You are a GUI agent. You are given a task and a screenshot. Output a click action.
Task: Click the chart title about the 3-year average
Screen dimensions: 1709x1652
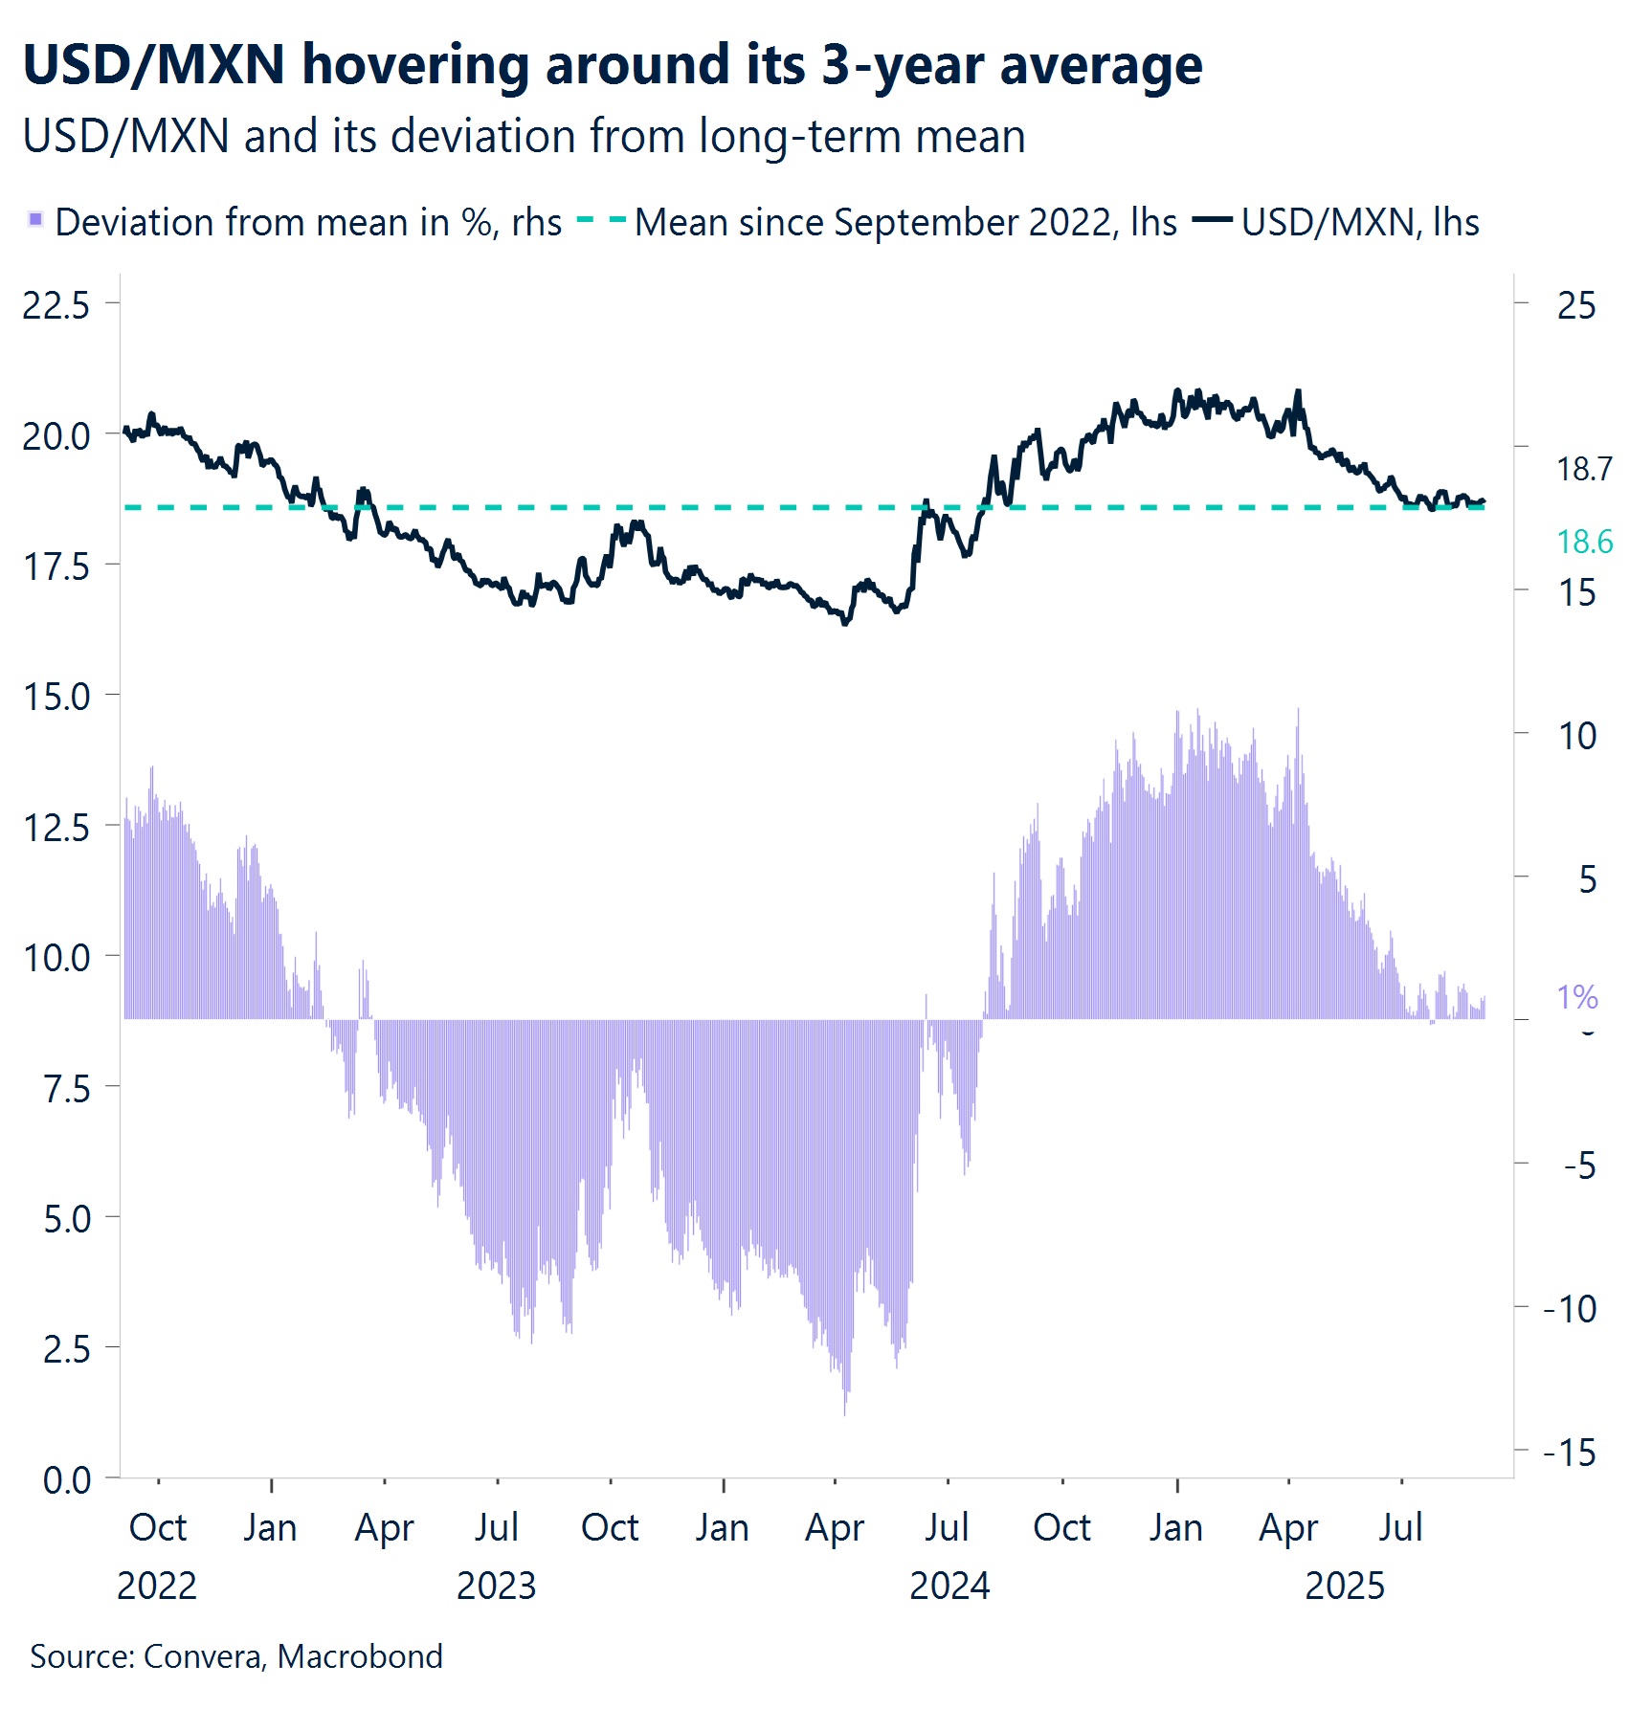[x=613, y=65]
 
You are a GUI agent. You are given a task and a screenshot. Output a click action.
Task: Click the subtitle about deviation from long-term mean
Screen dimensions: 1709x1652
[x=524, y=136]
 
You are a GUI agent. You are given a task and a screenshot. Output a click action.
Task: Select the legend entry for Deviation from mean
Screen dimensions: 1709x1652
[x=297, y=222]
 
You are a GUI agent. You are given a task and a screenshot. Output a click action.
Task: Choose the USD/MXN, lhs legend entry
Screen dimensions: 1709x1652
[x=1359, y=222]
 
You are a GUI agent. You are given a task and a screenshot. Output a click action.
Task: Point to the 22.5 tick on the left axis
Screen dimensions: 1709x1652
[x=56, y=305]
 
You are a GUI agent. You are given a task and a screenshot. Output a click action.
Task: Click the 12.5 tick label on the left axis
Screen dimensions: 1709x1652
[x=56, y=828]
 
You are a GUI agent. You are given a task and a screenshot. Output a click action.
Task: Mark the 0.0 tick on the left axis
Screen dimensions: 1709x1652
[x=67, y=1480]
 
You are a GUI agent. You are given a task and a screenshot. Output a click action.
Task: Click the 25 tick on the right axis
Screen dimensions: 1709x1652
[x=1575, y=305]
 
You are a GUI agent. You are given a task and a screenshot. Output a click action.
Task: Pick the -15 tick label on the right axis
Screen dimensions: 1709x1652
[x=1570, y=1453]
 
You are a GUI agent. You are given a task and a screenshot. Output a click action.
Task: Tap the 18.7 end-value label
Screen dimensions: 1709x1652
[x=1583, y=469]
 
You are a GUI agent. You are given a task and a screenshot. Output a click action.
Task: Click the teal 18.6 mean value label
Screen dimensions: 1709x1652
[x=1584, y=542]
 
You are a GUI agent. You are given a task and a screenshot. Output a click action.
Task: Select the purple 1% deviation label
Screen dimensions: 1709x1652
[x=1576, y=997]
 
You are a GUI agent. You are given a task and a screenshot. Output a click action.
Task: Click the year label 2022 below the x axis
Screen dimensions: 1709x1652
[x=156, y=1586]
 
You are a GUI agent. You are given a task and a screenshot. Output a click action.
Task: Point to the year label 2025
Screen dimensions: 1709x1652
[x=1344, y=1586]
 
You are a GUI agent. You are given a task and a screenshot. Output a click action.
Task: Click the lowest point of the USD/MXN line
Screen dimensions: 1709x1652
[x=845, y=623]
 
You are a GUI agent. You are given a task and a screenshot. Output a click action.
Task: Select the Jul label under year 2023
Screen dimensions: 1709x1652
[x=496, y=1527]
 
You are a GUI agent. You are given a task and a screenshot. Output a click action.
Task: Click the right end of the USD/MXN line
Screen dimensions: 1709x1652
[x=1484, y=500]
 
